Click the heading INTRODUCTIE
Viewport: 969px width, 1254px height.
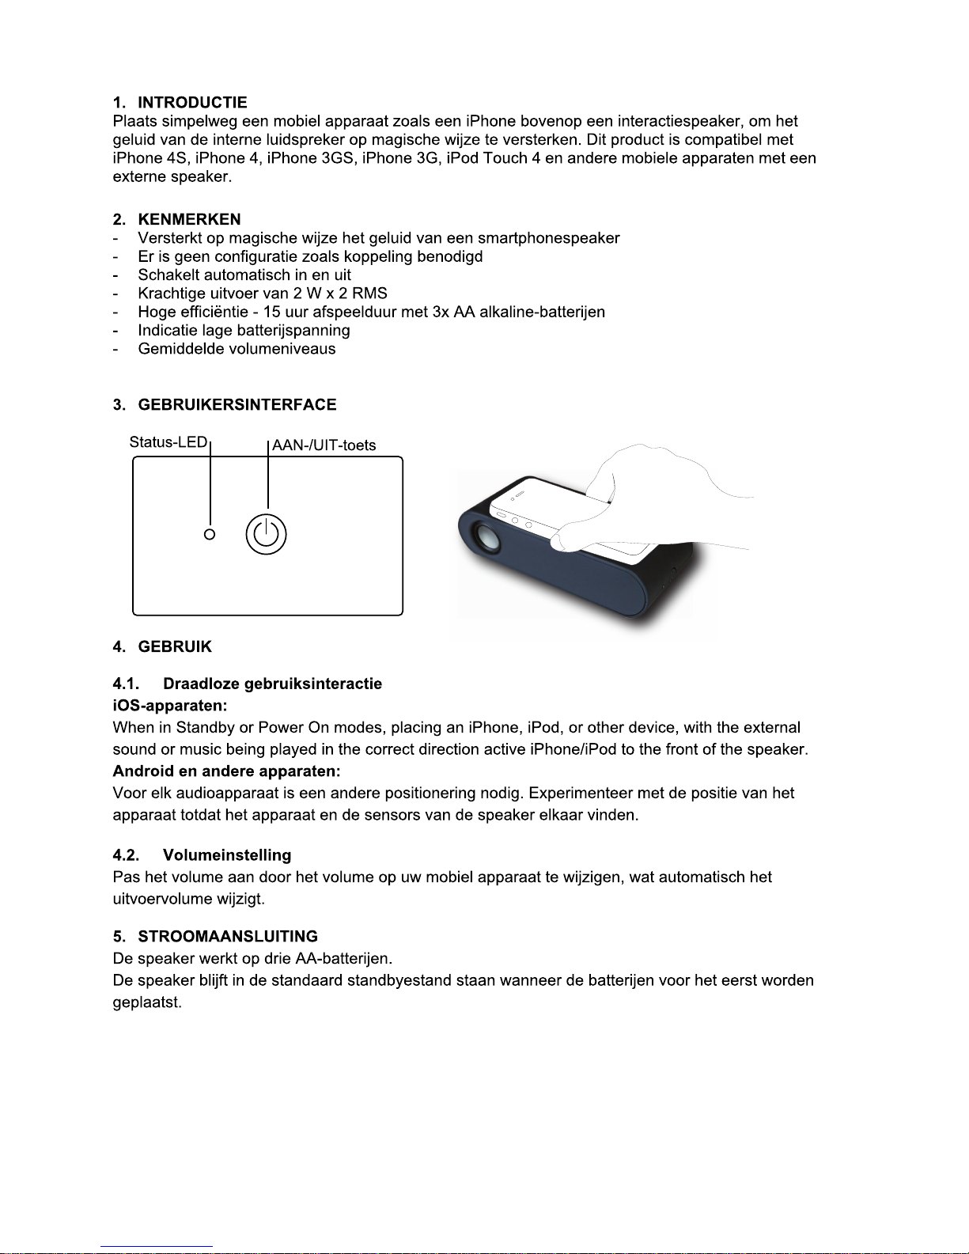pos(192,103)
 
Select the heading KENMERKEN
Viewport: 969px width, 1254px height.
pos(189,219)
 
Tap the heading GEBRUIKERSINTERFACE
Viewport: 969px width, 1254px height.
pos(237,405)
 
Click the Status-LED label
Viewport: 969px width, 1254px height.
pos(168,442)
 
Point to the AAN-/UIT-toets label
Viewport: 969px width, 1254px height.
pos(324,445)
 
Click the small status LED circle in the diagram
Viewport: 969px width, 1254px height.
pos(210,535)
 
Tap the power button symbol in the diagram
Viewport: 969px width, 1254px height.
pos(266,535)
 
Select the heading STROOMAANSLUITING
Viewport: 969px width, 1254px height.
pos(228,937)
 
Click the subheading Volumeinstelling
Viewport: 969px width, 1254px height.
pos(227,855)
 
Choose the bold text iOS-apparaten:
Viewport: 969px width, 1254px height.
pos(170,705)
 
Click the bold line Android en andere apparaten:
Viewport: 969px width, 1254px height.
pos(226,771)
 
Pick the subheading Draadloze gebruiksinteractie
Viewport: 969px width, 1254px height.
pos(272,684)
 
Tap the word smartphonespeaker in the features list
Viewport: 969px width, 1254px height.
pos(548,238)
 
